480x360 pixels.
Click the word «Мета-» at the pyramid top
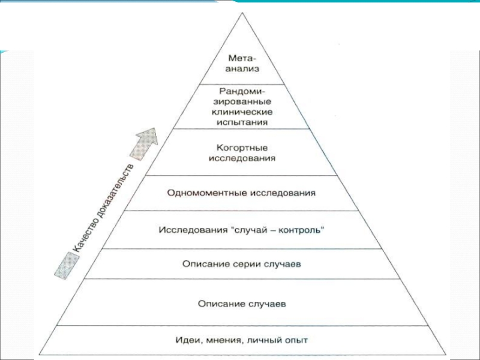click(x=242, y=58)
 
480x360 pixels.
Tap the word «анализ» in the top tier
click(x=242, y=69)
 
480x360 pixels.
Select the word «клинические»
click(x=242, y=112)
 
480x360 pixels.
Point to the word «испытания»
click(x=242, y=122)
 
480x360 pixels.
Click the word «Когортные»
click(x=242, y=148)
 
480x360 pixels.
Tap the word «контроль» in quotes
click(x=299, y=230)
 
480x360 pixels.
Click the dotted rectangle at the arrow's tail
click(x=67, y=266)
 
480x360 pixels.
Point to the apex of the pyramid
click(x=242, y=13)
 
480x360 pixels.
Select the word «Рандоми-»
click(x=242, y=92)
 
